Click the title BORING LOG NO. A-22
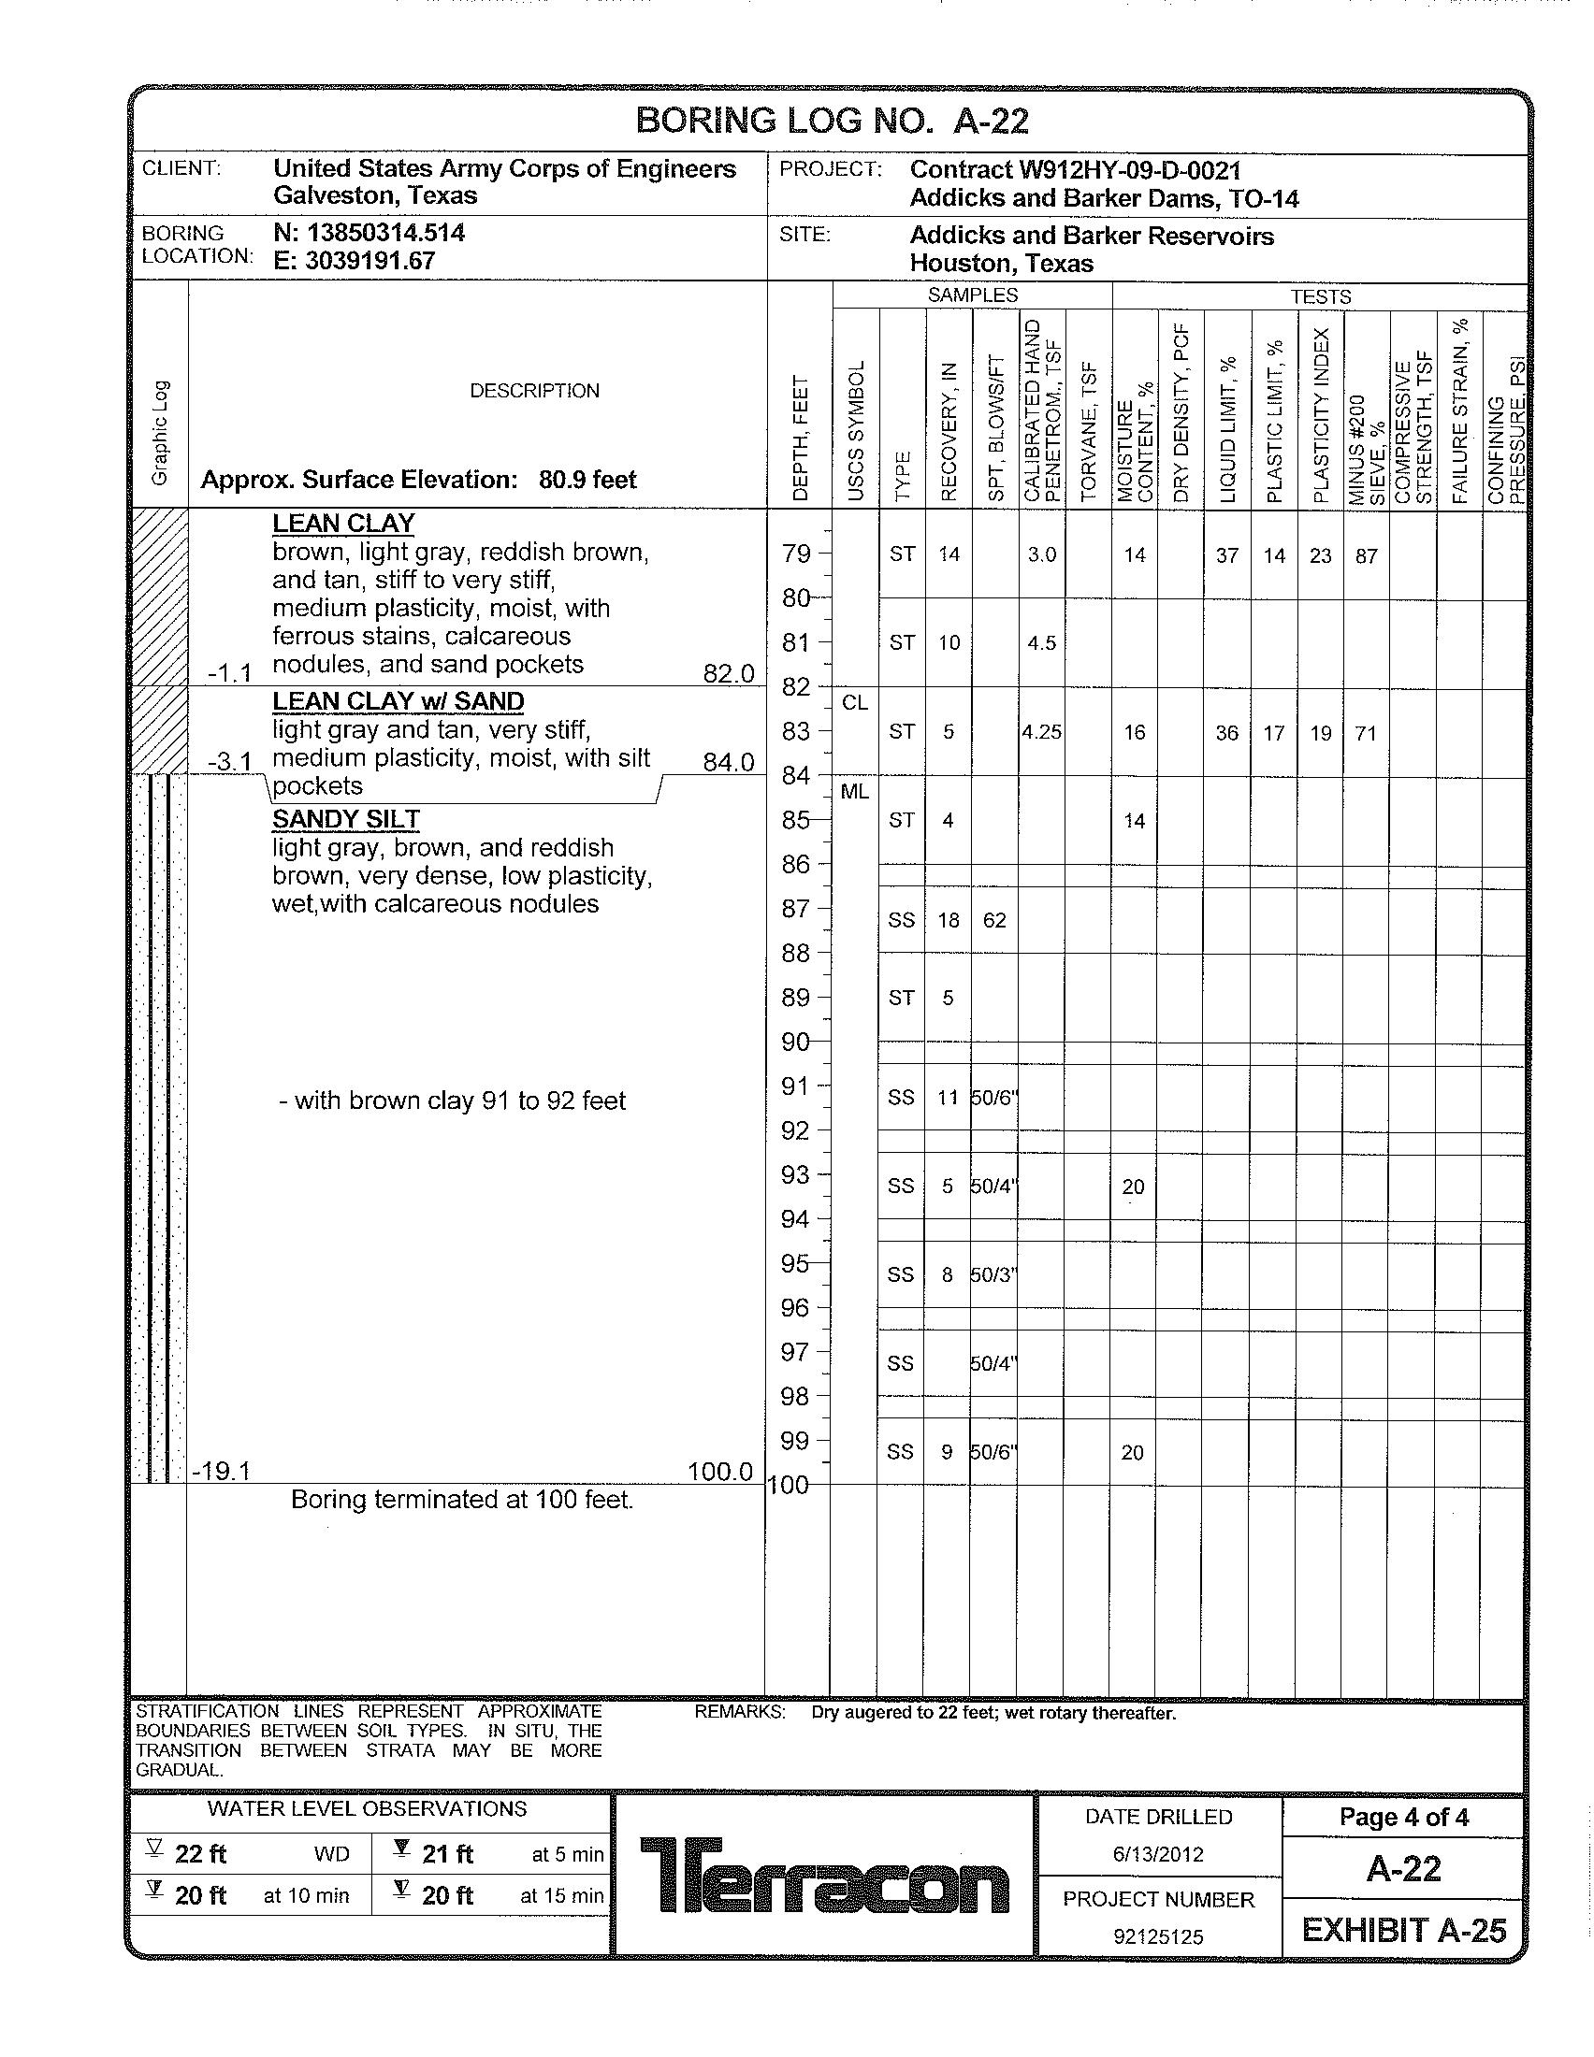(x=832, y=121)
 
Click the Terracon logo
(x=824, y=1876)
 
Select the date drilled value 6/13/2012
(x=1158, y=1854)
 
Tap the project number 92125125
(x=1158, y=1936)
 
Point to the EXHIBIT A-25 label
(x=1404, y=1930)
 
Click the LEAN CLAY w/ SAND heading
(x=398, y=701)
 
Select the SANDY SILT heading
(x=346, y=819)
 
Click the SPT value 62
(x=993, y=920)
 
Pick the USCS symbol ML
(x=853, y=792)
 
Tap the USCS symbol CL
(x=854, y=702)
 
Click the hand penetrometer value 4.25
(x=1041, y=732)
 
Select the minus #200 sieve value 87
(x=1366, y=555)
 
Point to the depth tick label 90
(x=795, y=1042)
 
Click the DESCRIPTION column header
(x=534, y=391)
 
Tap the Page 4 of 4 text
(x=1404, y=1817)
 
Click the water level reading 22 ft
(x=200, y=1853)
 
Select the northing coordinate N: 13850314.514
(x=369, y=233)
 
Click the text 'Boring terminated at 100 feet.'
(x=461, y=1500)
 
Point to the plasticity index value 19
(x=1320, y=733)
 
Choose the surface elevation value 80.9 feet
(x=587, y=480)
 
